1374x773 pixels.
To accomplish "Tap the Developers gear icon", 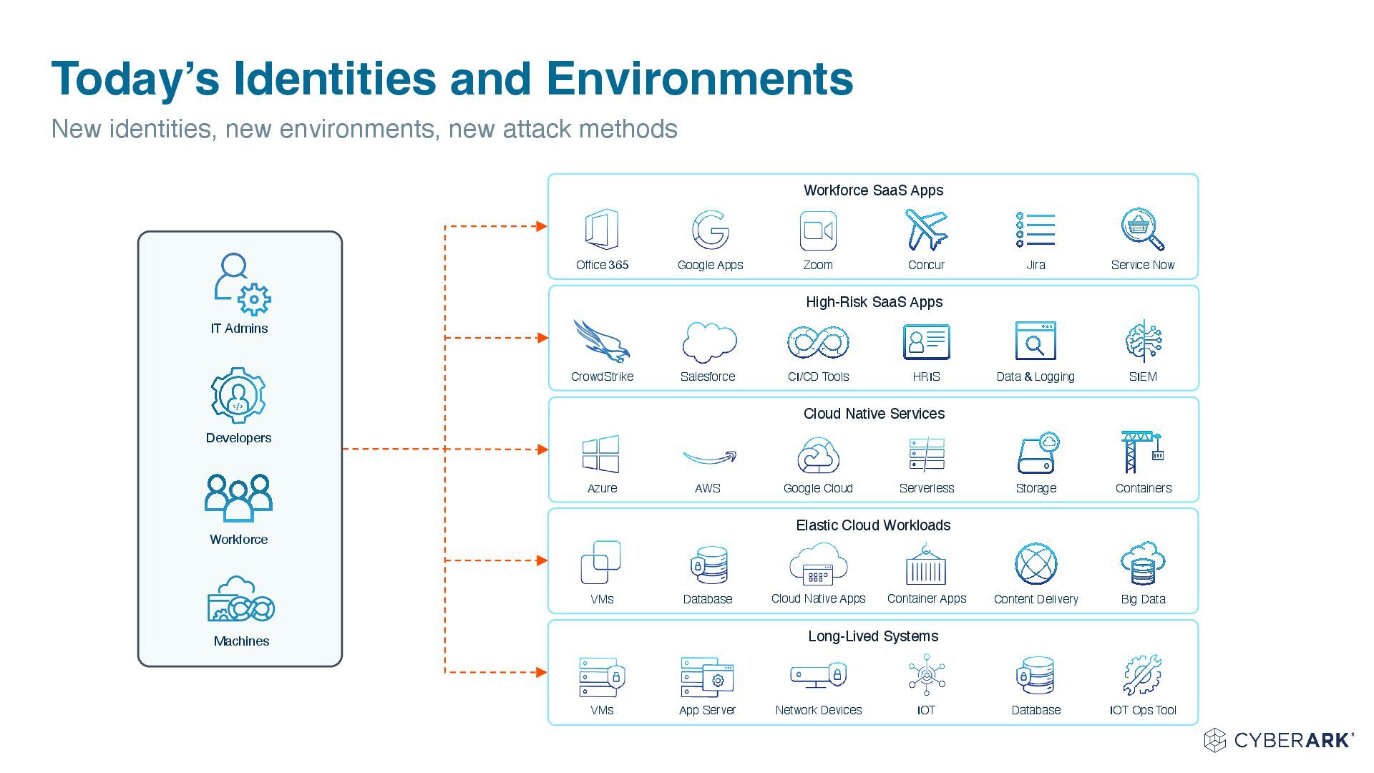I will [x=238, y=395].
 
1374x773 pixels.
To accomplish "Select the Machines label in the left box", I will [x=241, y=641].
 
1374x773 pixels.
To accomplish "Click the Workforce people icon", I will [x=238, y=497].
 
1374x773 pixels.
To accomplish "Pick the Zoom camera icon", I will [x=818, y=230].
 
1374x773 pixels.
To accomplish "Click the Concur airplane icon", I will [x=926, y=230].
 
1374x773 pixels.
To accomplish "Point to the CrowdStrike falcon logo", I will [x=601, y=341].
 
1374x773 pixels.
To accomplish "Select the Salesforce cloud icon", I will [x=708, y=342].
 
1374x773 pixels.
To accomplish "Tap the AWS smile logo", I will [x=708, y=457].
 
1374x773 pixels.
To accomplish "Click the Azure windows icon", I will [x=601, y=454].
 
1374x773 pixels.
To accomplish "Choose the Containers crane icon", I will [x=1142, y=452].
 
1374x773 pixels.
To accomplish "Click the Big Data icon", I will [x=1143, y=564].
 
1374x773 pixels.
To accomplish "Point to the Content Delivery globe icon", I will [x=1036, y=564].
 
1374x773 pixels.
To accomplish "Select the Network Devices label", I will [x=819, y=710].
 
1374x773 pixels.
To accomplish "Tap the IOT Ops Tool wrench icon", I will [x=1143, y=675].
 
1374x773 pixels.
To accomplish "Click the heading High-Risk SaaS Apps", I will [x=874, y=302].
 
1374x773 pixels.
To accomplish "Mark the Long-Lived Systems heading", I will [x=873, y=636].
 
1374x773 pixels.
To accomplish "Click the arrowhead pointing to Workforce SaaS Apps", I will [x=542, y=226].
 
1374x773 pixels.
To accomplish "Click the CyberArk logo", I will [x=1279, y=740].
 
